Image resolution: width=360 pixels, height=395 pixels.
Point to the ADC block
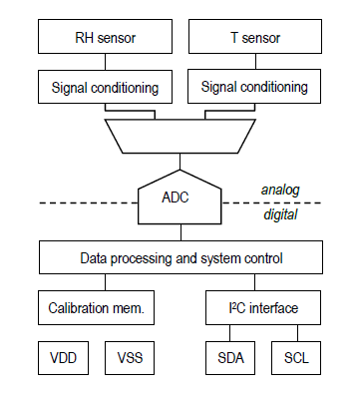[180, 198]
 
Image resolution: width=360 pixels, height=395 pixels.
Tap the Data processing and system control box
[180, 258]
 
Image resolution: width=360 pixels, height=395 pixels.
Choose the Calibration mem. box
[98, 308]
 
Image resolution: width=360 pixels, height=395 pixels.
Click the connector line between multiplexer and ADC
[180, 162]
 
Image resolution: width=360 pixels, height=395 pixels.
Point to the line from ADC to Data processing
[180, 232]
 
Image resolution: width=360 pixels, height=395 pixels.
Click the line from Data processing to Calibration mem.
[98, 283]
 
